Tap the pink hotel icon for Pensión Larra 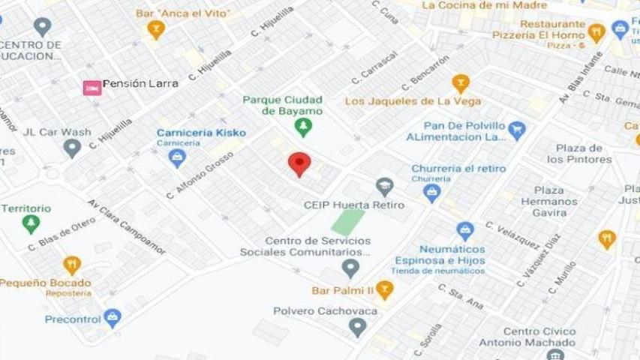click(92, 88)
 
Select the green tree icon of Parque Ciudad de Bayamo click(302, 127)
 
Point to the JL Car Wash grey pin click(72, 147)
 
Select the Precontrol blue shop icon click(113, 318)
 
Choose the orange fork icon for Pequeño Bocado click(72, 265)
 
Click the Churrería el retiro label click(458, 168)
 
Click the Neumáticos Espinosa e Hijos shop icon click(465, 231)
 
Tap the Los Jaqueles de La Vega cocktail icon click(461, 83)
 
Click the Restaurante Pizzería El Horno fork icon click(596, 32)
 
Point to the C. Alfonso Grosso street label click(200, 175)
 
